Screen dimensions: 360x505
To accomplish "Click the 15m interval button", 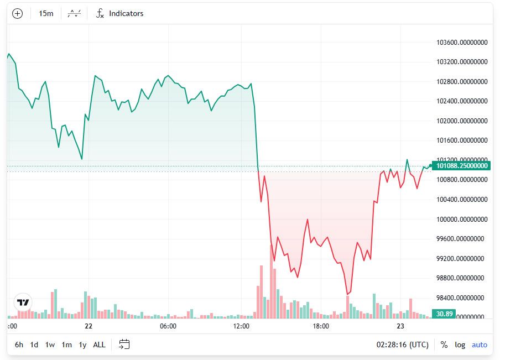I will click(46, 13).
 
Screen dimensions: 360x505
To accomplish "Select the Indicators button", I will click(119, 13).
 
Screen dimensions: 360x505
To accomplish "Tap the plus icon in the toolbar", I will click(18, 13).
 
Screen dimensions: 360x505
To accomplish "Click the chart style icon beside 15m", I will click(74, 13).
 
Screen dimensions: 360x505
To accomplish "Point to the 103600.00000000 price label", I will click(462, 43).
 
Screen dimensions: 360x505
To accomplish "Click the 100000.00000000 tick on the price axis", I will click(462, 219).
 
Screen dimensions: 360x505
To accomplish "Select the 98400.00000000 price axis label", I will click(462, 298).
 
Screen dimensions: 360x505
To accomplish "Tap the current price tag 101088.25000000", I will click(461, 165).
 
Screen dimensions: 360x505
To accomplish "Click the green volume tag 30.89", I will click(445, 314).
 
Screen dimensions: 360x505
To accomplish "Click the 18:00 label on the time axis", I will click(321, 326).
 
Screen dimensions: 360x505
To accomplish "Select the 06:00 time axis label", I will click(168, 326).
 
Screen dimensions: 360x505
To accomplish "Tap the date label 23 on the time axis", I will click(400, 326).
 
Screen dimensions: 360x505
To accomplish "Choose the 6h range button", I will click(19, 345).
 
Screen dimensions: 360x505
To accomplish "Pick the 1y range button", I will click(82, 345).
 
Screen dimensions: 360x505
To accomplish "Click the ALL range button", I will click(99, 345).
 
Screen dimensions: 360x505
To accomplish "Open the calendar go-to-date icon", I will click(124, 345).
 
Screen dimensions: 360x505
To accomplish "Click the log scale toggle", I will click(460, 345).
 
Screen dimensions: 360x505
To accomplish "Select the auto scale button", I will click(480, 345).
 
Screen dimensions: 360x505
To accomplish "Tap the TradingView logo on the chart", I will click(23, 302).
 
